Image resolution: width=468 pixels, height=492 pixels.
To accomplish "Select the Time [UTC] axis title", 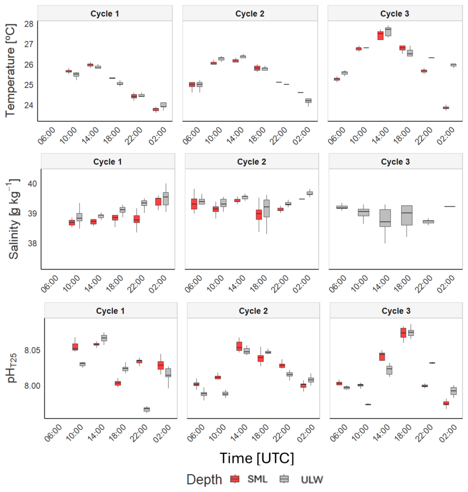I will coord(257,458).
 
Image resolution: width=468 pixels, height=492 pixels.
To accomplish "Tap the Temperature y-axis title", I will coord(10,70).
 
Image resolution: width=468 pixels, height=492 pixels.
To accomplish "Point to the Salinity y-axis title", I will coord(14,219).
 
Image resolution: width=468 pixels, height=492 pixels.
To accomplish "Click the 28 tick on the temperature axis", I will coord(29,24).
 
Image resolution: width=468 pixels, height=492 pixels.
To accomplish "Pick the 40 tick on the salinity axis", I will coord(32,184).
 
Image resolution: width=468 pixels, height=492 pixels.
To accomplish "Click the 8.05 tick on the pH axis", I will coord(32,350).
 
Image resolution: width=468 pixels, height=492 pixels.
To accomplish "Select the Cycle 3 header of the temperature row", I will coord(395,14).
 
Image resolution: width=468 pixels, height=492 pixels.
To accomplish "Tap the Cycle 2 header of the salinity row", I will coord(251,162).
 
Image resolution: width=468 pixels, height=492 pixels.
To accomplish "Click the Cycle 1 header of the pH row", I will coord(110,311).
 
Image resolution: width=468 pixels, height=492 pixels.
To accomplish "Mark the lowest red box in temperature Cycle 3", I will coord(446,108).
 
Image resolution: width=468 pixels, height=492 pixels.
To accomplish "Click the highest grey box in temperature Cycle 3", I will coord(388,32).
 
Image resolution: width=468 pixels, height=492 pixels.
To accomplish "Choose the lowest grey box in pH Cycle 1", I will coord(147,409).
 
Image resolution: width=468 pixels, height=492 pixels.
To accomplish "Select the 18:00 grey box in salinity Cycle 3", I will coord(407,215).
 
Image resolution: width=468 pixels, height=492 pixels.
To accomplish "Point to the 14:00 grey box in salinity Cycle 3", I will coord(385,218).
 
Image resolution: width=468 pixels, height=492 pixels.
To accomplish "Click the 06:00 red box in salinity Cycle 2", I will coord(194,204).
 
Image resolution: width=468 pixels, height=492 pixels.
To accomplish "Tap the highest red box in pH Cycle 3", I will coord(403,333).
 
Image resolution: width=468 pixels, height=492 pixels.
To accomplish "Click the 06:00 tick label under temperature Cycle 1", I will coord(47,136).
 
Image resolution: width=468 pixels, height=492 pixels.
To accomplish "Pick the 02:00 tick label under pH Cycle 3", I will coord(448,434).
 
